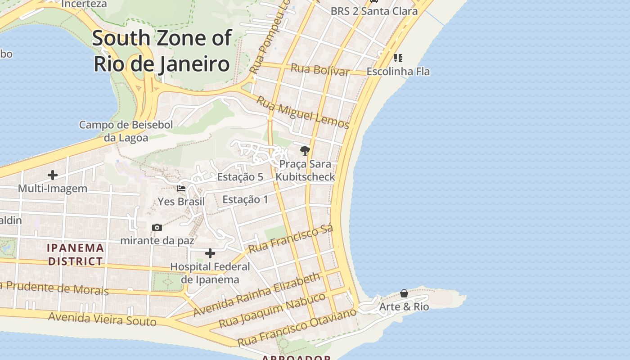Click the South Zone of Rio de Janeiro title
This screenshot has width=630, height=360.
162,51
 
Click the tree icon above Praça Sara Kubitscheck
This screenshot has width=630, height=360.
305,151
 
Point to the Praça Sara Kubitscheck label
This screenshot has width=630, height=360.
305,170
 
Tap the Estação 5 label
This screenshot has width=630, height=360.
240,177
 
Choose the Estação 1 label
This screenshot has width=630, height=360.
245,199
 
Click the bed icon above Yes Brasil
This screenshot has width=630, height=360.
181,189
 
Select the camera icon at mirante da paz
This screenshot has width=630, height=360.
157,228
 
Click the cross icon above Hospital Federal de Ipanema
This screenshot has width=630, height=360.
210,254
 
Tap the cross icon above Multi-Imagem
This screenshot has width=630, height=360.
53,175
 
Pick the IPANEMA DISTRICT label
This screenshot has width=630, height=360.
76,254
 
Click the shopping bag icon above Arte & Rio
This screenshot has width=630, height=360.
404,293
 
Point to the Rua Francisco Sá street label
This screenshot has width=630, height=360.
291,238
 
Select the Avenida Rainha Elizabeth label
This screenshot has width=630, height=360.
257,294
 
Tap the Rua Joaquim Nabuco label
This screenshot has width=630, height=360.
272,310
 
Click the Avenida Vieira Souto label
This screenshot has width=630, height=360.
102,319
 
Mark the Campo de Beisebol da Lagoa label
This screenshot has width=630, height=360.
126,131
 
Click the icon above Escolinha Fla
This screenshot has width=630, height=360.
398,58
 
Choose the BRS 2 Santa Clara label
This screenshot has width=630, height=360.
374,11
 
